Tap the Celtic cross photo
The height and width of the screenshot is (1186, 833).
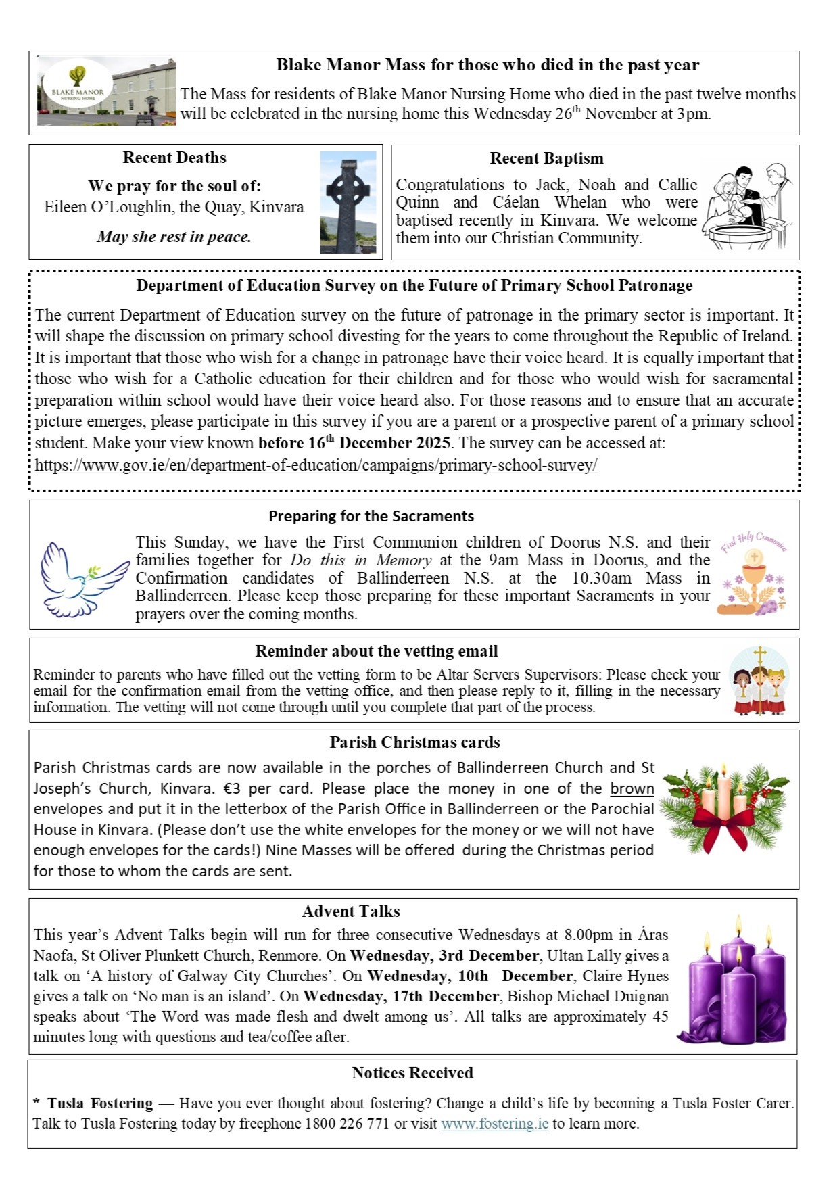pyautogui.click(x=348, y=201)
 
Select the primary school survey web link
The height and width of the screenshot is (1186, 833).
pyautogui.click(x=316, y=465)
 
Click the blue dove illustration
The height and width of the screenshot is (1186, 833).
pyautogui.click(x=82, y=579)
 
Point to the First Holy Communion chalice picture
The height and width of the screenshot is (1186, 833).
pyautogui.click(x=753, y=573)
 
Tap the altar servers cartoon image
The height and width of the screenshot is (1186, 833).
pyautogui.click(x=759, y=681)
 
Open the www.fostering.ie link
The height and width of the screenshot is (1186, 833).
pyautogui.click(x=494, y=1124)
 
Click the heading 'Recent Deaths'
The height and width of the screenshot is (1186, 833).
pyautogui.click(x=174, y=158)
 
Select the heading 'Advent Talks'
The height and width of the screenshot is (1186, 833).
pyautogui.click(x=351, y=911)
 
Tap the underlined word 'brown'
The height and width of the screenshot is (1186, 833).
pyautogui.click(x=632, y=788)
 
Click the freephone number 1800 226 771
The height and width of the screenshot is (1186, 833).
pyautogui.click(x=348, y=1124)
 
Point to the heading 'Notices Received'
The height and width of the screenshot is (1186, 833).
pyautogui.click(x=412, y=1073)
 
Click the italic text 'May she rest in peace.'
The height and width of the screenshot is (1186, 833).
pyautogui.click(x=174, y=237)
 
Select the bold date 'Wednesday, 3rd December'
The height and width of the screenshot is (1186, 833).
pyautogui.click(x=444, y=955)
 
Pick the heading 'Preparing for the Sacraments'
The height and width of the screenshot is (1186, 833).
pyautogui.click(x=371, y=516)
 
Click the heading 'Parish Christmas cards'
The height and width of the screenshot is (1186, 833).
pyautogui.click(x=414, y=742)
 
